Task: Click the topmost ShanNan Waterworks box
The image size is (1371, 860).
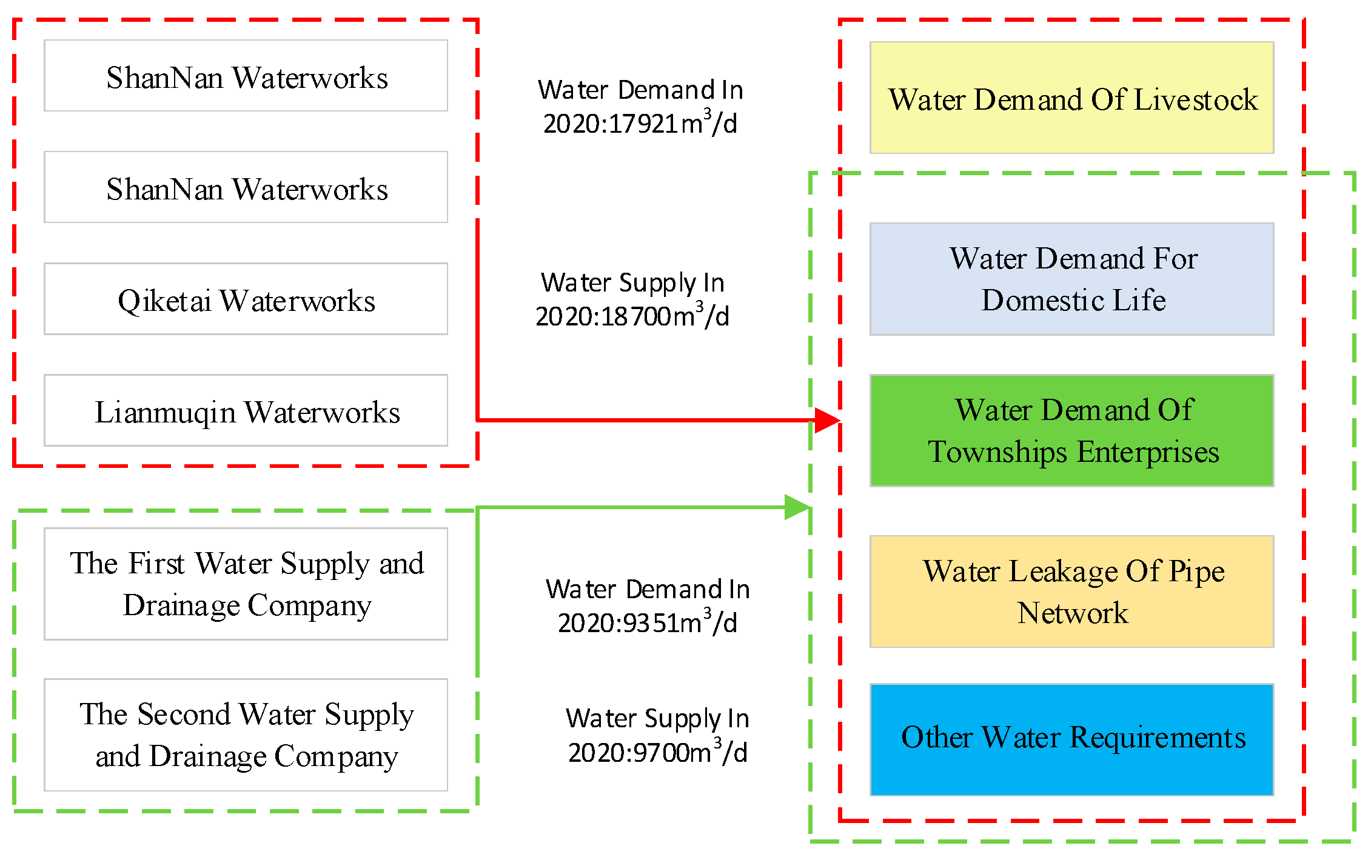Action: (x=246, y=76)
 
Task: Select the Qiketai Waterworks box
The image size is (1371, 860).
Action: (x=246, y=299)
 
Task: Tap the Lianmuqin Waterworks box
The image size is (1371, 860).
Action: (x=246, y=411)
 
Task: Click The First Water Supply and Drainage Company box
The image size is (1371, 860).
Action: (x=246, y=584)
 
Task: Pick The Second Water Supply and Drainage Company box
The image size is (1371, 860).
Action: (x=246, y=735)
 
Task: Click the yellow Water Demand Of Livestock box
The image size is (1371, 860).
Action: (x=1071, y=98)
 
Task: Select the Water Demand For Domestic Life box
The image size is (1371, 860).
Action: (x=1071, y=279)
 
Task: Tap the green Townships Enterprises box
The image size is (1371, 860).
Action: (x=1071, y=431)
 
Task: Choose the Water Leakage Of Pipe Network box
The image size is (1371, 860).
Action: (x=1071, y=592)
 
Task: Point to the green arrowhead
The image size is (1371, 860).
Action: (x=797, y=507)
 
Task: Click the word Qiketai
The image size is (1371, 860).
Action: (x=164, y=301)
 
